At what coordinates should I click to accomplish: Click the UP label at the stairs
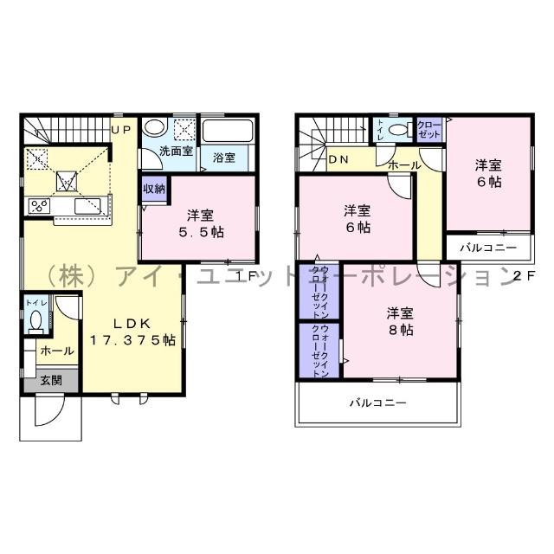[120, 130]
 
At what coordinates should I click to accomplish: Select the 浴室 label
[224, 158]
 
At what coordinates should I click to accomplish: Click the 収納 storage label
[152, 188]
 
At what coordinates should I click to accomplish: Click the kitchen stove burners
[39, 206]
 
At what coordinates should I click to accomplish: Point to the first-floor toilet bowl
[35, 321]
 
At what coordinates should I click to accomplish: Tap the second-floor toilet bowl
[397, 130]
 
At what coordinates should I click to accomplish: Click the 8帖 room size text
[399, 331]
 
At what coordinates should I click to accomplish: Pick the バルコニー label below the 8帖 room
[377, 403]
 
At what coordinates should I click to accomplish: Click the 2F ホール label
[404, 164]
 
